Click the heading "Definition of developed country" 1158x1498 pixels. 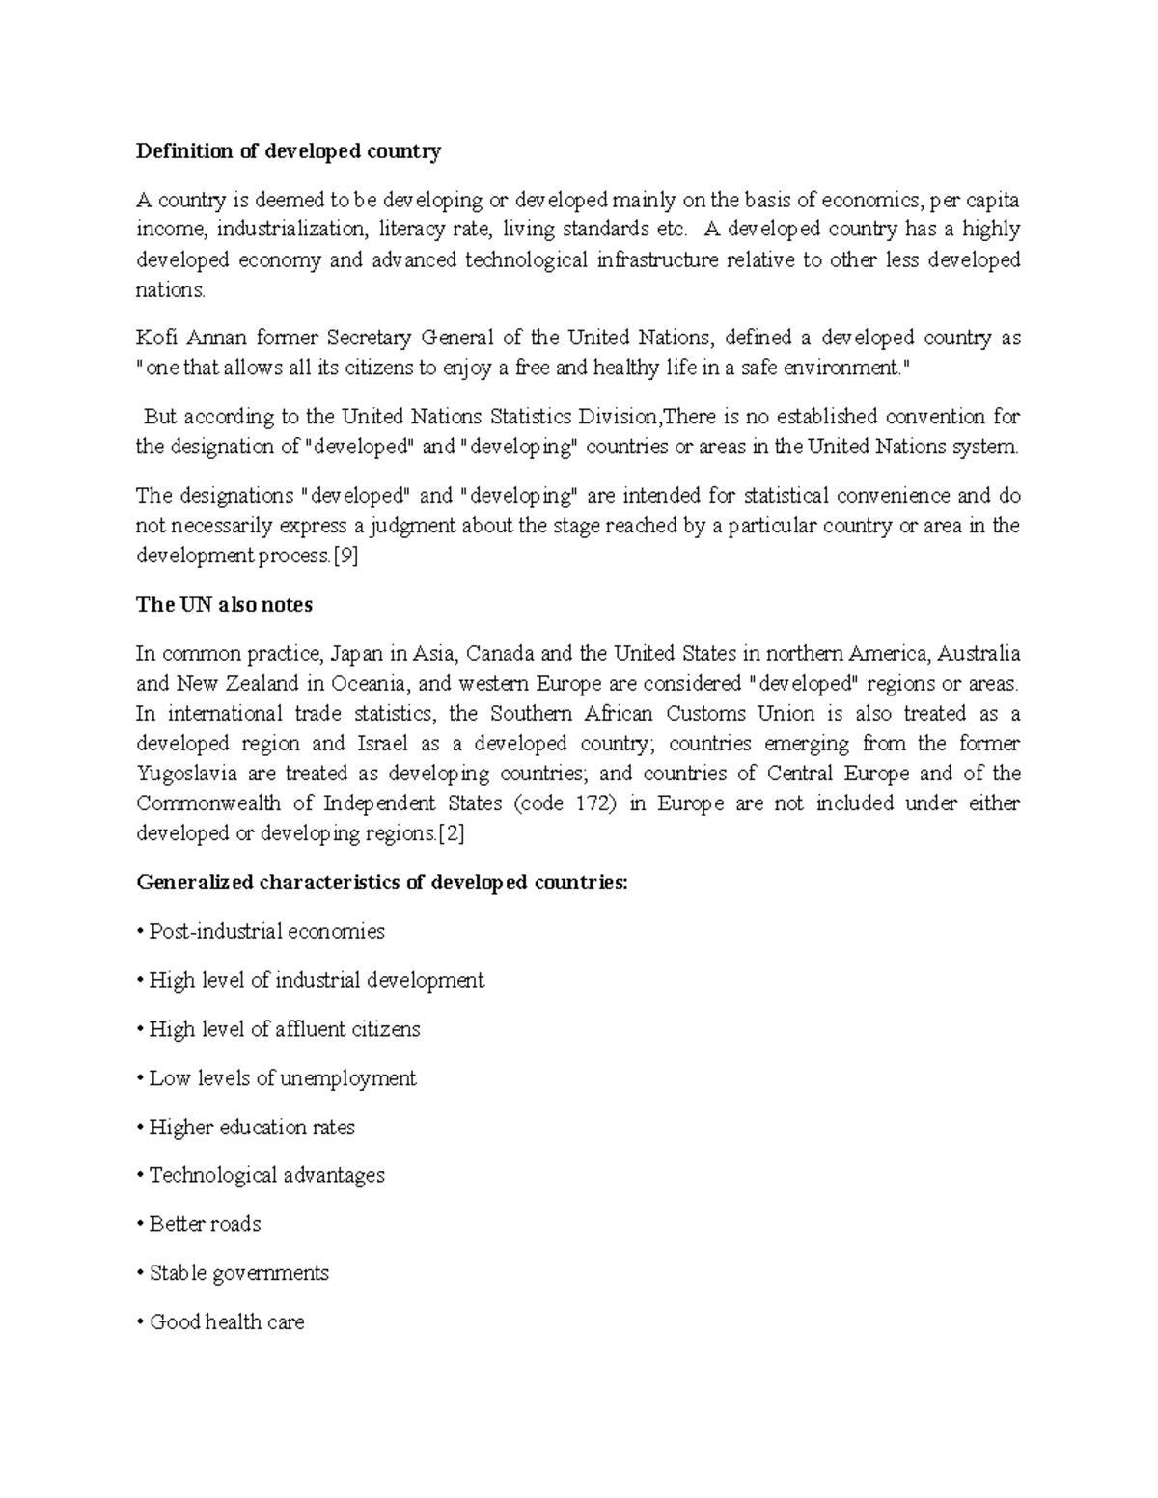pos(289,151)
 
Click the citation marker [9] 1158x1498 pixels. pos(345,556)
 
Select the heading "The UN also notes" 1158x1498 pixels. pos(224,605)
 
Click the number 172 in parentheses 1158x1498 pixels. pos(593,803)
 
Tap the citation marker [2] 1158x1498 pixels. pos(452,833)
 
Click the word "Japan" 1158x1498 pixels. pos(356,654)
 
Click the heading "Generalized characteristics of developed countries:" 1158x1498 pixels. pos(381,883)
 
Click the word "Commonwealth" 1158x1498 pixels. pos(208,803)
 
